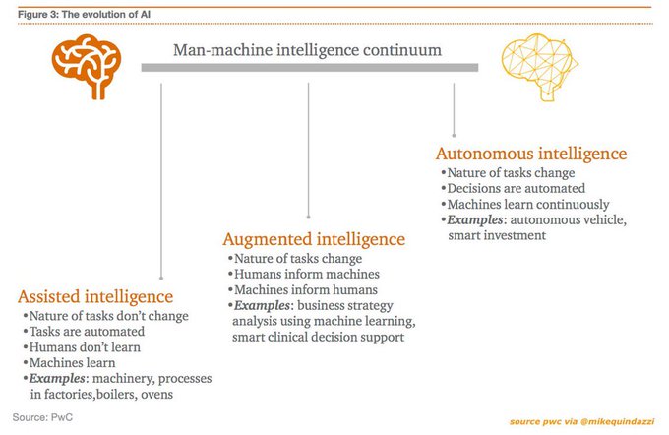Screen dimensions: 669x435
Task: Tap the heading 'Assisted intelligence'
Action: point(95,296)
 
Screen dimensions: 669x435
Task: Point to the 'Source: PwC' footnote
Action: point(45,416)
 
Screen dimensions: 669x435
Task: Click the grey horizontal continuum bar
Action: point(309,68)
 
